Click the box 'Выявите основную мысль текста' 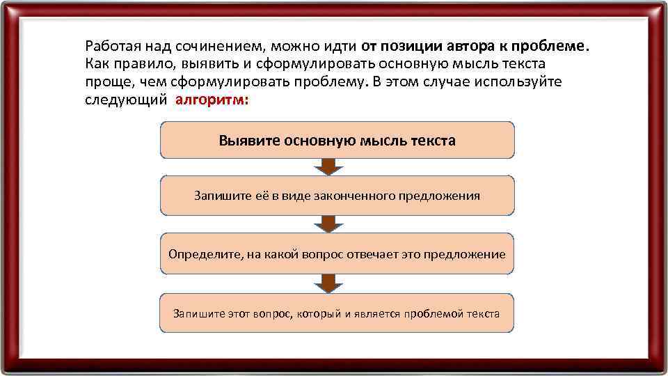coord(337,141)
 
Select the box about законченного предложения coord(337,195)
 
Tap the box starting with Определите coord(337,253)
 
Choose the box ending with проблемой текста coord(337,313)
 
